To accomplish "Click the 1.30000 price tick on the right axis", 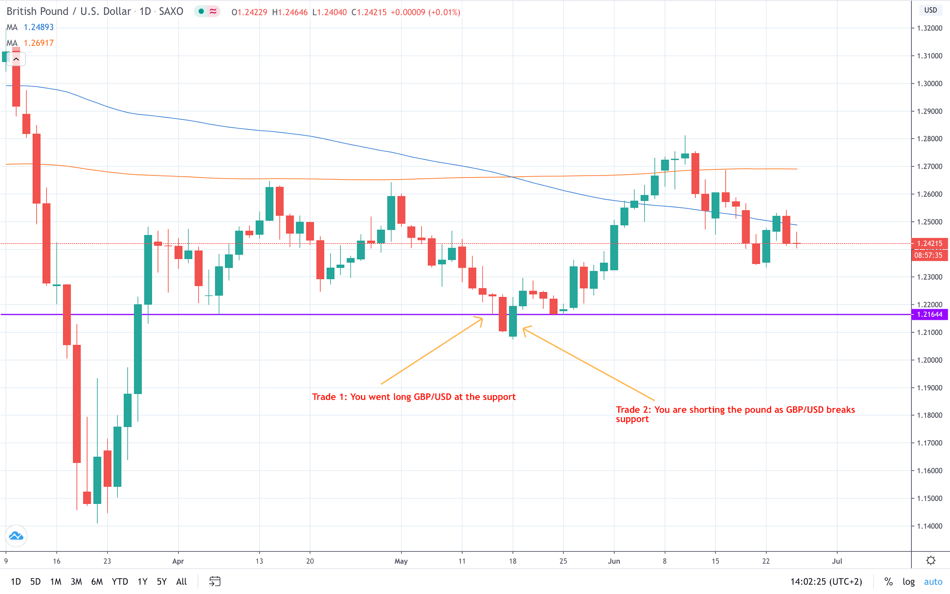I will [929, 83].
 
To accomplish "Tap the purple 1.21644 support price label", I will [929, 314].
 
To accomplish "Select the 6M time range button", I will [97, 581].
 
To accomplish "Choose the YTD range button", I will [120, 581].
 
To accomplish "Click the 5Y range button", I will [162, 581].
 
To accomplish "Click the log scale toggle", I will [908, 581].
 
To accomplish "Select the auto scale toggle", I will [933, 581].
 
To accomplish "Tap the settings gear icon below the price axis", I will [930, 561].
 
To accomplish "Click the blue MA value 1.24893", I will [38, 27].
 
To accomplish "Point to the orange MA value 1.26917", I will [38, 43].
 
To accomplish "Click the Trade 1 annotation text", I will [414, 397].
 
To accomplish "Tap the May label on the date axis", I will [401, 561].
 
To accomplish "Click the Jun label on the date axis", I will [614, 561].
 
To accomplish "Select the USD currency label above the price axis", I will [930, 10].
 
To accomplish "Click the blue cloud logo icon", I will [16, 536].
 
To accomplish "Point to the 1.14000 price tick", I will [929, 526].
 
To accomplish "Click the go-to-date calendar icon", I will [215, 581].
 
